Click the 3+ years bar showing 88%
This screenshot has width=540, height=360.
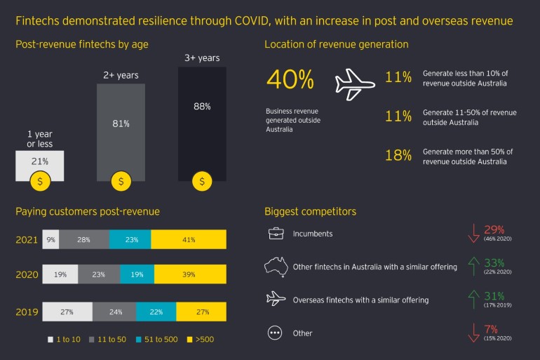click(x=202, y=123)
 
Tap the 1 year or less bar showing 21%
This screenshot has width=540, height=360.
click(x=39, y=165)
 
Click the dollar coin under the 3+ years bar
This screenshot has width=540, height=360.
click(x=202, y=182)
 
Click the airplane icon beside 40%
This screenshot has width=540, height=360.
click(x=355, y=84)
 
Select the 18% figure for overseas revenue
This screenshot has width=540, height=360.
click(x=398, y=156)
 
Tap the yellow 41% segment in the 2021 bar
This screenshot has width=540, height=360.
click(x=189, y=240)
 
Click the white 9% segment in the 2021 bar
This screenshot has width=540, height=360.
click(x=50, y=240)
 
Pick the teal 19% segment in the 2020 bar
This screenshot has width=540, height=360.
click(x=137, y=274)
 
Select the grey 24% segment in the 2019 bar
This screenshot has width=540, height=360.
click(x=114, y=311)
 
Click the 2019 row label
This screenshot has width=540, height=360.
click(x=26, y=311)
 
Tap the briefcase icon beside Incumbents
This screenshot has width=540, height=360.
click(x=275, y=233)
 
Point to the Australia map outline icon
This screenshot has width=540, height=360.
click(x=276, y=267)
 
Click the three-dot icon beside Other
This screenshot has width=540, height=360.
click(x=275, y=333)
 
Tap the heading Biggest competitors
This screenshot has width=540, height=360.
click(x=310, y=211)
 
